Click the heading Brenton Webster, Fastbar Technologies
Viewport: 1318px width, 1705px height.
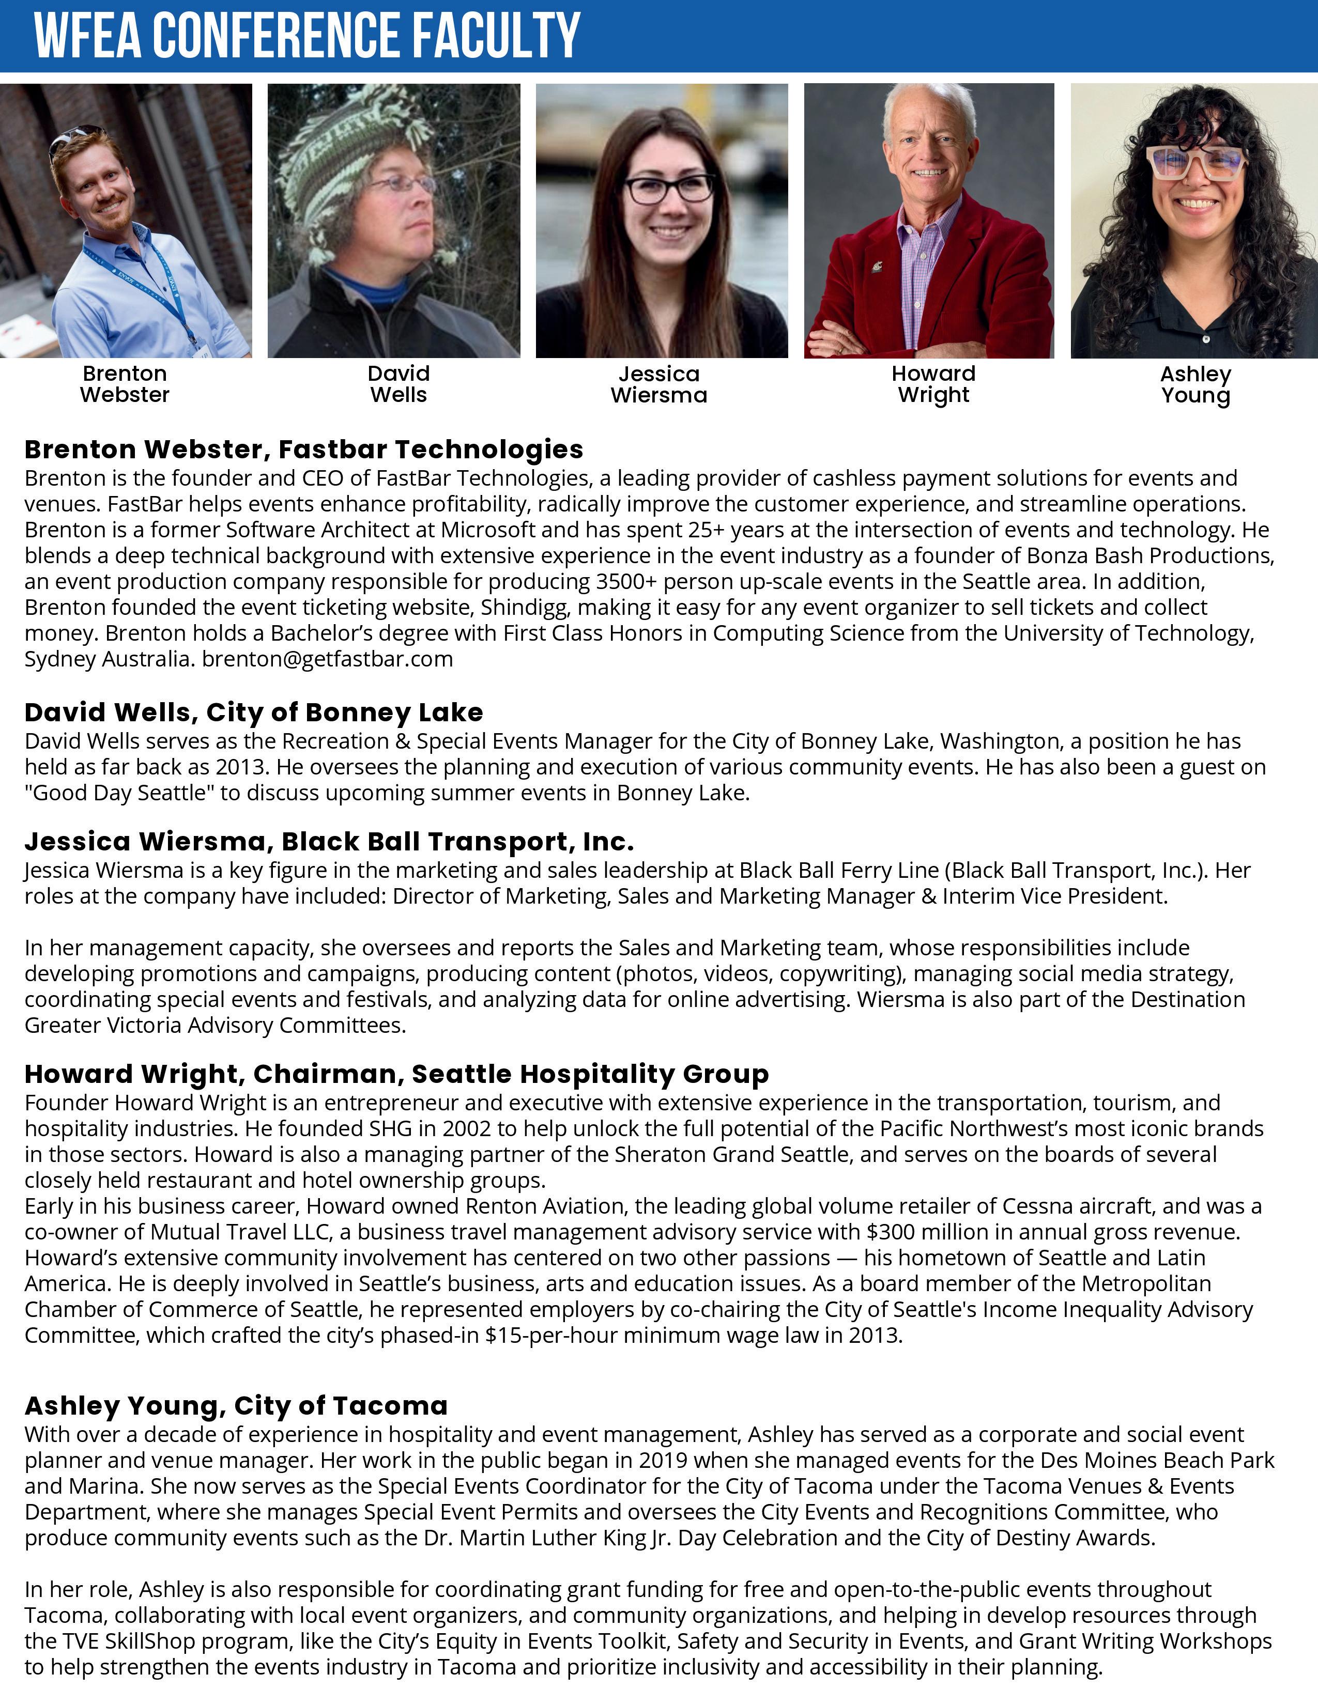304,450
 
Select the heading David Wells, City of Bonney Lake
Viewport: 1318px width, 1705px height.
254,712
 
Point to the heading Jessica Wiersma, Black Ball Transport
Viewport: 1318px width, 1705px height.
329,842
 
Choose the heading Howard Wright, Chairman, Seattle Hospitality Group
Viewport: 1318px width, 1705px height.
396,1074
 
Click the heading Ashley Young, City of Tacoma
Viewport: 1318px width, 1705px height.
236,1405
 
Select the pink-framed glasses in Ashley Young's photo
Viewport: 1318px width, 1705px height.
1196,164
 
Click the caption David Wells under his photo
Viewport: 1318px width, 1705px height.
398,384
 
